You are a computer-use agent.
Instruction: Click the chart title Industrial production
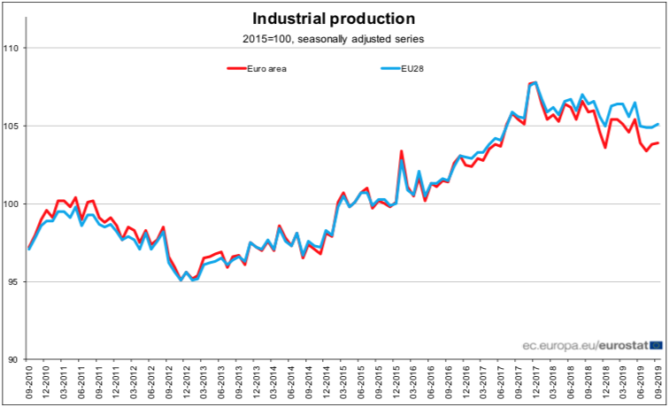pyautogui.click(x=334, y=19)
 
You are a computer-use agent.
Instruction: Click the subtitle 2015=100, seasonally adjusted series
pyautogui.click(x=334, y=39)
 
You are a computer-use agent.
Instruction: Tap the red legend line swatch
pyautogui.click(x=235, y=67)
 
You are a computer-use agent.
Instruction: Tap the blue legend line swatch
pyautogui.click(x=388, y=67)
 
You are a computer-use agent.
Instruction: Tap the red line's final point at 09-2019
pyautogui.click(x=657, y=142)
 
